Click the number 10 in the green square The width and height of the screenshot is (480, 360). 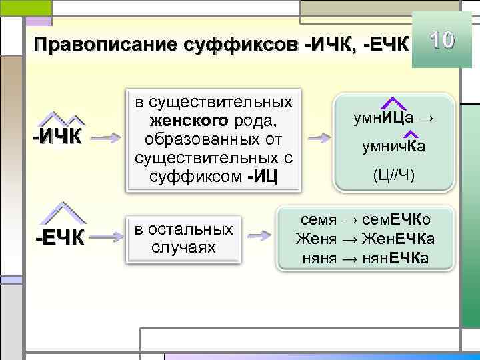[442, 41]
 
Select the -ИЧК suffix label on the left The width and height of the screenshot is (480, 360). [58, 138]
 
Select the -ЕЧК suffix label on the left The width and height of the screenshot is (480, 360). [59, 237]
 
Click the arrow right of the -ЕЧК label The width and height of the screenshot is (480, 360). [105, 236]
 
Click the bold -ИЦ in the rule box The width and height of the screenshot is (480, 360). [267, 178]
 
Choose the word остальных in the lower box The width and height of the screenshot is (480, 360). [197, 229]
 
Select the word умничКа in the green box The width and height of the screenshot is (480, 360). [393, 147]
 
